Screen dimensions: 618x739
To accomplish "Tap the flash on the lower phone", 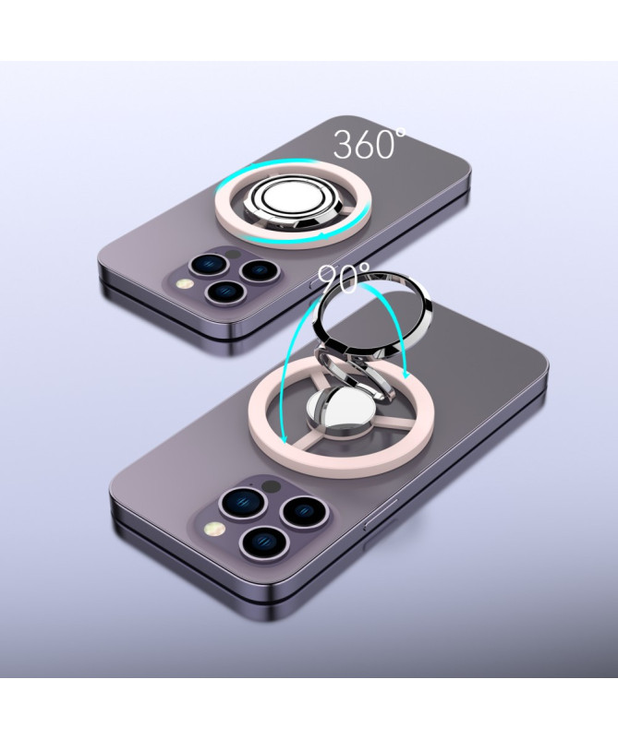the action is (x=214, y=530).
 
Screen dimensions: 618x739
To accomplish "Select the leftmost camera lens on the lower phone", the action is (x=245, y=503).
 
